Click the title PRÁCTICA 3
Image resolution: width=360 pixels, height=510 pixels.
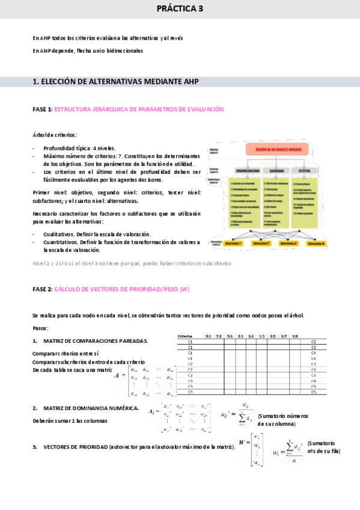point(180,9)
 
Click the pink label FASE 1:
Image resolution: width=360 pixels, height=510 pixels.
point(42,109)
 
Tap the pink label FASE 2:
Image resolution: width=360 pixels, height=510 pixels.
point(42,289)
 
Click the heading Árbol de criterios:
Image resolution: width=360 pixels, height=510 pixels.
point(55,135)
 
